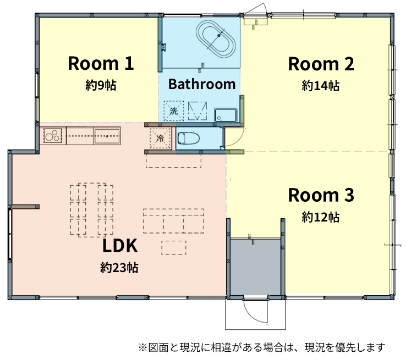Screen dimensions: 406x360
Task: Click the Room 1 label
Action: click(x=101, y=63)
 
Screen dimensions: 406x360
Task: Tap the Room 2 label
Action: click(x=321, y=64)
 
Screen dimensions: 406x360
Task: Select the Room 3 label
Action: click(x=321, y=195)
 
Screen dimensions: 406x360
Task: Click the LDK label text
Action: click(x=120, y=246)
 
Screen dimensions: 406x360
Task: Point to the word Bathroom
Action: click(x=202, y=84)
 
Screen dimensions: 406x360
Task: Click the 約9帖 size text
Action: click(x=101, y=85)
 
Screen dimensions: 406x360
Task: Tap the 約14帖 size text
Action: click(x=321, y=86)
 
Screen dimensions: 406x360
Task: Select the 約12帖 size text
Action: click(x=321, y=217)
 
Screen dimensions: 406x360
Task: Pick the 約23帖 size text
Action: click(x=119, y=268)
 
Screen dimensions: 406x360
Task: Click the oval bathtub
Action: click(x=216, y=40)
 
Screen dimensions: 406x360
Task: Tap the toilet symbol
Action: click(x=189, y=138)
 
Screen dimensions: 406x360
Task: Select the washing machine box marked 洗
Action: click(x=173, y=111)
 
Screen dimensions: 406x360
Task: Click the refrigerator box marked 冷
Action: click(x=160, y=138)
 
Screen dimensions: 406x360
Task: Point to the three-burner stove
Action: click(x=53, y=136)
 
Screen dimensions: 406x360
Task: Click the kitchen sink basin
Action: click(x=107, y=136)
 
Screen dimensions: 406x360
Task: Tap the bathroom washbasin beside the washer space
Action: click(x=226, y=115)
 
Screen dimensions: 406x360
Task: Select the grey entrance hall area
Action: click(x=256, y=267)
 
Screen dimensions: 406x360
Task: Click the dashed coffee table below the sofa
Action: click(x=174, y=248)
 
